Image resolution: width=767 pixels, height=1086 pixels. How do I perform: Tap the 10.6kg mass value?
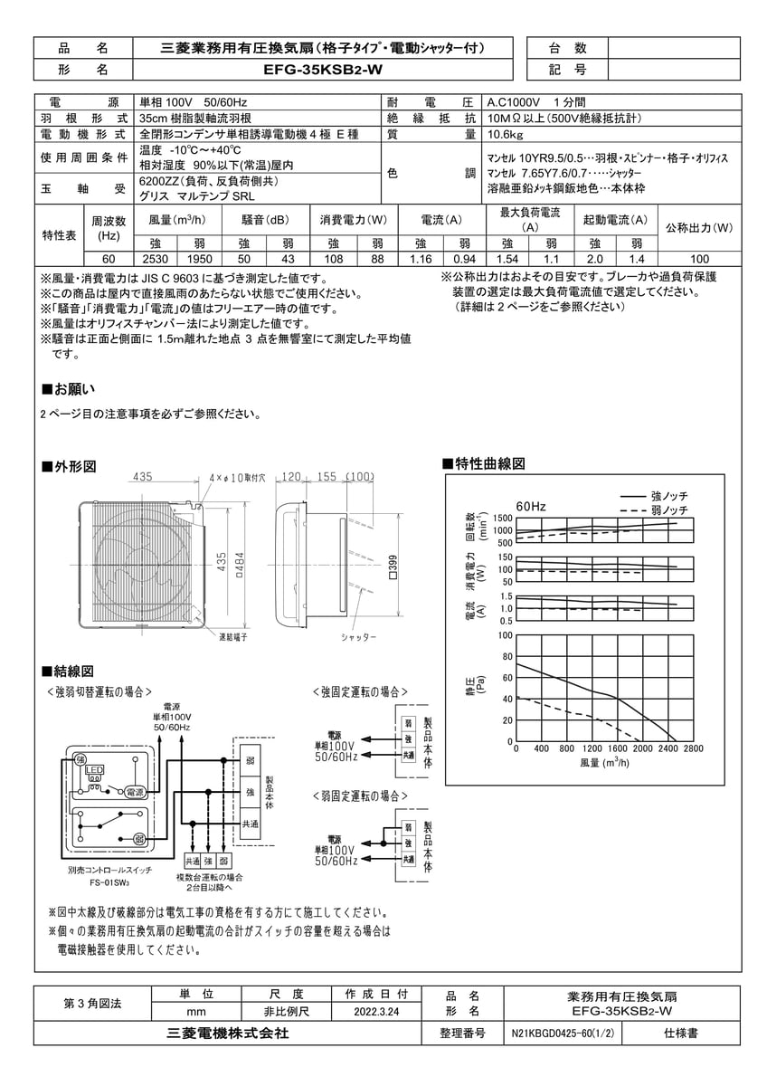[503, 134]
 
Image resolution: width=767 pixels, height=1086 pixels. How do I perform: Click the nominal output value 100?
[698, 259]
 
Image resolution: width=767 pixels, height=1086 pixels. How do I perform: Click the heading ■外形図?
[70, 467]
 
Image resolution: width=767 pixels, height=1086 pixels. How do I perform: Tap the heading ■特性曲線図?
[483, 463]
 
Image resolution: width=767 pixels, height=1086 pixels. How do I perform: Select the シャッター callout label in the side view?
[358, 637]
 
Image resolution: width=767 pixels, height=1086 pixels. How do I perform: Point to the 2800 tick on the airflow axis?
[693, 748]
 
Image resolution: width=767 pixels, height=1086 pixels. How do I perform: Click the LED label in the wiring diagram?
[94, 770]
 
